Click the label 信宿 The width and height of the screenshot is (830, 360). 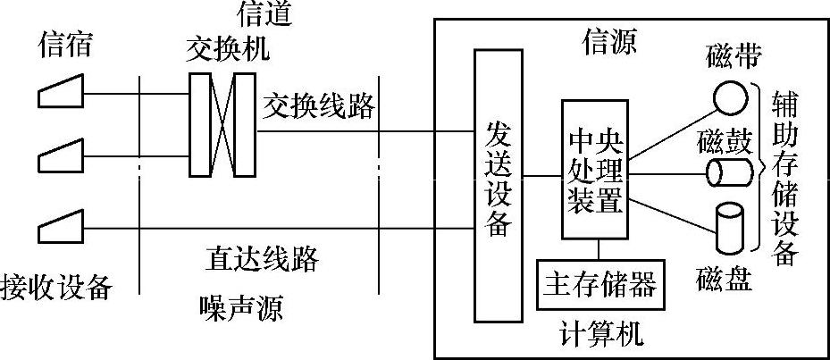click(64, 44)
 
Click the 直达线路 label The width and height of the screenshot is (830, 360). click(261, 259)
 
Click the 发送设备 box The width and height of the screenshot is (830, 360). click(498, 185)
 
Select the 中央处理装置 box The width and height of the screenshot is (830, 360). click(595, 170)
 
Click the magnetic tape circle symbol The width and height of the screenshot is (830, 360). click(732, 96)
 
